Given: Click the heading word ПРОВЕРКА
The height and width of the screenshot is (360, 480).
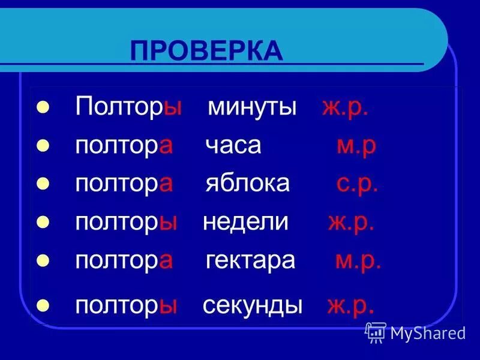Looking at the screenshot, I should pos(206,51).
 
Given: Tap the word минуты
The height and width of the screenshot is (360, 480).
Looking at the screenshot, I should pos(253,107).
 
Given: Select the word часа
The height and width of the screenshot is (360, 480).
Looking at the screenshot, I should pos(233,145).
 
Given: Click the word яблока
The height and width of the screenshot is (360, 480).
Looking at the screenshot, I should pos(247,183).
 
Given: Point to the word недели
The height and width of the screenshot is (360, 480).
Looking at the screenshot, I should pos(246,222).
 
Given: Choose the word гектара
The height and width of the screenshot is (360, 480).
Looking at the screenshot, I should pos(251,260).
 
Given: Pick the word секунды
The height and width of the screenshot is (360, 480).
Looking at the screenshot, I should pos(253,305).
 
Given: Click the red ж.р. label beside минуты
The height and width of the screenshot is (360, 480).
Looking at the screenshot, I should pos(344,107).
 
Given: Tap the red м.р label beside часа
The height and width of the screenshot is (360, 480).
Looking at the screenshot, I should pos(356,146).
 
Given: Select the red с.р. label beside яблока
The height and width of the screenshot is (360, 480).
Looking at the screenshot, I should pos(357,183).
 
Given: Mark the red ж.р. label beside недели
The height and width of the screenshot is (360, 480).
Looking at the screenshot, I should pos(351,222).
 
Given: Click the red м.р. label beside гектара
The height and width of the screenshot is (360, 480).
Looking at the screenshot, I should pos(358,260).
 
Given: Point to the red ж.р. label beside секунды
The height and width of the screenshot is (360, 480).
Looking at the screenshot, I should pos(351,305).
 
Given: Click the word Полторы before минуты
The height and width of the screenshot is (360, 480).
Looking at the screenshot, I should pos(128,107).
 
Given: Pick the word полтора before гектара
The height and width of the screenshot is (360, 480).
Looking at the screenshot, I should pos(124,260).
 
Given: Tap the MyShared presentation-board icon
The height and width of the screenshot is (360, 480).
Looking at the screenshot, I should pos(376,332).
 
